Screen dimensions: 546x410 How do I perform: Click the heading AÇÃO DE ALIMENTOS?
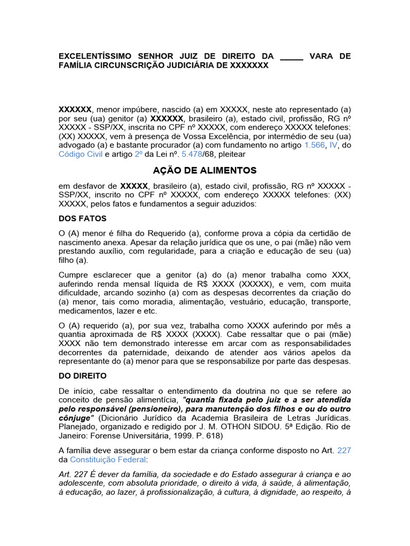click(204, 171)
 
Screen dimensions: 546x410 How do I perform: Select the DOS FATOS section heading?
click(83, 219)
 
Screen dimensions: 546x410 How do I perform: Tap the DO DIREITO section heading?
click(83, 376)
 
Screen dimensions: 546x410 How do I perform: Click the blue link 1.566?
click(314, 144)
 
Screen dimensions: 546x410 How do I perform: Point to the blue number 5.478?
click(193, 154)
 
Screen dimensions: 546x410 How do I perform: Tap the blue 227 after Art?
click(344, 450)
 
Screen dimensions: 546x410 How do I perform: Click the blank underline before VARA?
click(291, 56)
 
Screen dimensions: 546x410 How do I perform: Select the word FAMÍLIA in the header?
click(75, 65)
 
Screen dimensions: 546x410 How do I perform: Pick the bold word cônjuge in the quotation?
click(75, 417)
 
